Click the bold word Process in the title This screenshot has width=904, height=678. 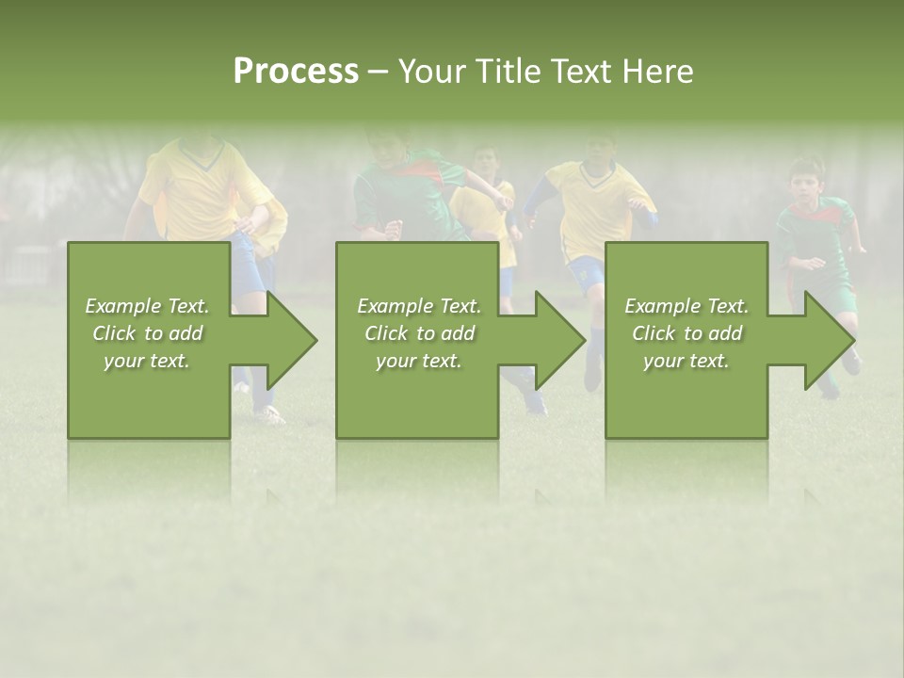(296, 72)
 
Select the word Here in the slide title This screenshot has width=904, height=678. (656, 72)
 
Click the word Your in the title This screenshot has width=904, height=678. (430, 72)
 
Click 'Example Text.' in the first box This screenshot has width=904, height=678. (147, 306)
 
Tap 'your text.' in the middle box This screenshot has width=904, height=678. (418, 361)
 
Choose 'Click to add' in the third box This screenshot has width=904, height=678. (686, 333)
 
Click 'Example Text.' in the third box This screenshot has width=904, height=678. (686, 306)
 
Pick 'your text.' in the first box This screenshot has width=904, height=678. (147, 361)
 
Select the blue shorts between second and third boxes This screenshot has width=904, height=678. (587, 273)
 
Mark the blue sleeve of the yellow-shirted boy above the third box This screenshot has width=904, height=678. (540, 200)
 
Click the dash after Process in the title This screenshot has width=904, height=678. (378, 72)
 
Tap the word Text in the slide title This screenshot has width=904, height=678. (579, 72)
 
